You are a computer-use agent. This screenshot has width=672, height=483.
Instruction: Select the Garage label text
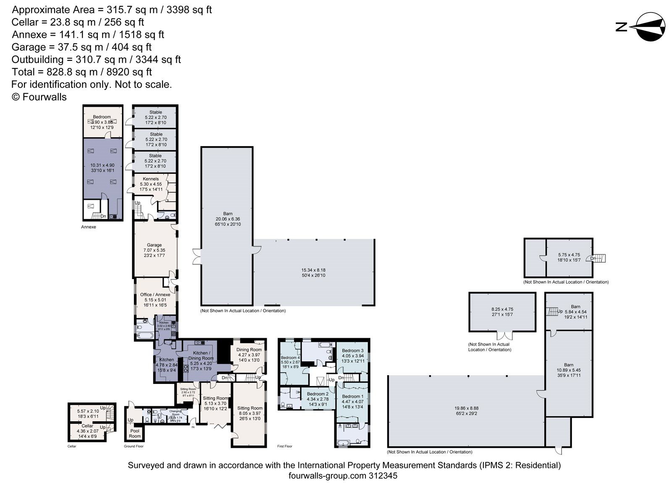[x=154, y=245]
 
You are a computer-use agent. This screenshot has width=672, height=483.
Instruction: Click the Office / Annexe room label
[x=155, y=295]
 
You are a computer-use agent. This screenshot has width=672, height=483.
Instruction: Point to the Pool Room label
[x=135, y=433]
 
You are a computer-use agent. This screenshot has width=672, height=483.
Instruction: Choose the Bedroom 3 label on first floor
[x=352, y=350]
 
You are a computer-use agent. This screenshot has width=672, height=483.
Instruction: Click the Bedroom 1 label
[x=352, y=396]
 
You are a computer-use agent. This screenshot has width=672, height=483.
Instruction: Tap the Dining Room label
[x=249, y=350]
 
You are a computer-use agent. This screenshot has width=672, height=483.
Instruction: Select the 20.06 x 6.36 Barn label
[x=228, y=219]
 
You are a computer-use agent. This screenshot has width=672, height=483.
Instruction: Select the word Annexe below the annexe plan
[x=89, y=227]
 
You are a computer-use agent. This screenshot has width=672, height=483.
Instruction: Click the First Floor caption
[x=285, y=446]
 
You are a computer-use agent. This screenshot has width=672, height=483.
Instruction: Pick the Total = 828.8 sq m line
[x=82, y=72]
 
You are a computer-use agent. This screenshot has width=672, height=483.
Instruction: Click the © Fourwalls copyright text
[x=39, y=97]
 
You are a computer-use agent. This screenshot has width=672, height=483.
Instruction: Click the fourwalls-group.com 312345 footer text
[x=343, y=476]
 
